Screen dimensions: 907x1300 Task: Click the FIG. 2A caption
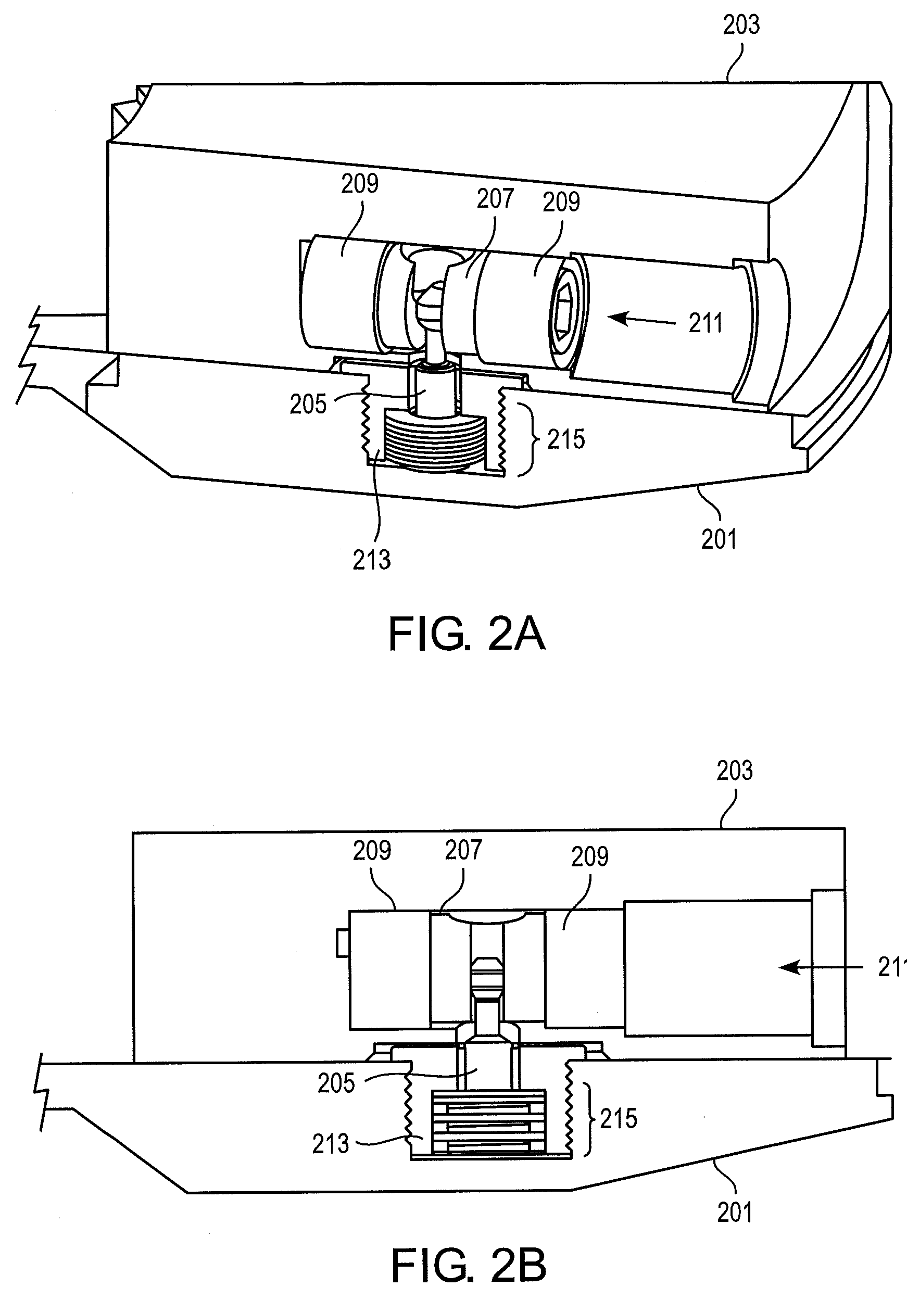tap(467, 635)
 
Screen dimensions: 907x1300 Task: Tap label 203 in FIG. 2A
tap(741, 25)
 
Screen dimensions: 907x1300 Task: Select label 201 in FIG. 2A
tap(719, 539)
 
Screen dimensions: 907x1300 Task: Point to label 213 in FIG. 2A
tap(371, 560)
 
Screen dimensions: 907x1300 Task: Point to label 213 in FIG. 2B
tap(331, 1144)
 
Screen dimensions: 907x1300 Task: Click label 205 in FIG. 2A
tap(308, 405)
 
